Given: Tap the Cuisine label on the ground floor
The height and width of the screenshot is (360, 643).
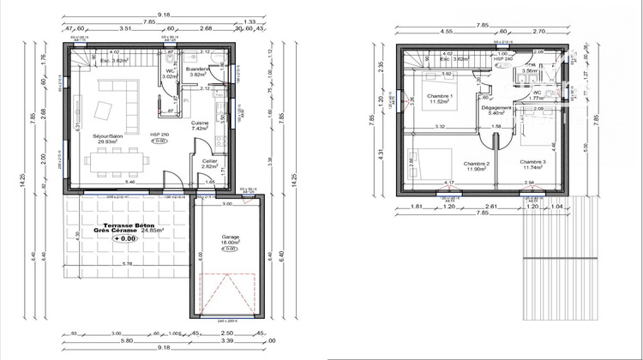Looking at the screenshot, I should (201, 123).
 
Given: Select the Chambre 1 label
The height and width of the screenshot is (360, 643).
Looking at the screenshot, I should (441, 95).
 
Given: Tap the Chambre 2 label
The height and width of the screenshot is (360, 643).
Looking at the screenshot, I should (475, 163).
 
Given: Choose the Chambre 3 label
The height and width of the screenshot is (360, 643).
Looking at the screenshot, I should (532, 161).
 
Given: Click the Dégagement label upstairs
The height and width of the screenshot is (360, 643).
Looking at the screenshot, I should (498, 107).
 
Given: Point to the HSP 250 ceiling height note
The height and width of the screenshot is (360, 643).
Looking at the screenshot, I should (159, 135).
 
